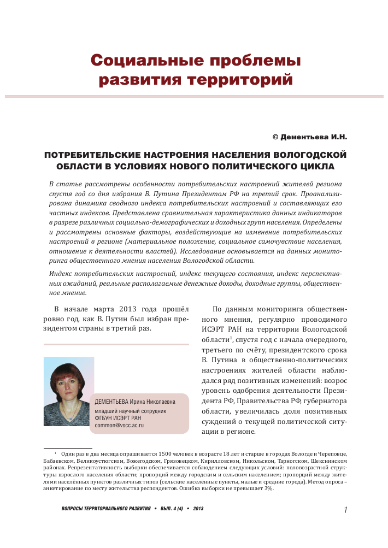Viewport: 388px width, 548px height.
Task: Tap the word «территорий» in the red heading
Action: (x=240, y=80)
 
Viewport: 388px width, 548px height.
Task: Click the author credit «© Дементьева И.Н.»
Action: (x=309, y=136)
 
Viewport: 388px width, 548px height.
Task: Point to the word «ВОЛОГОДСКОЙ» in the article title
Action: (x=310, y=155)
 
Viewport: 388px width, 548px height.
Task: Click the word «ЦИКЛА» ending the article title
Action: (x=313, y=166)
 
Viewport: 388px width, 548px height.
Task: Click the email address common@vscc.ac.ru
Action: (x=119, y=425)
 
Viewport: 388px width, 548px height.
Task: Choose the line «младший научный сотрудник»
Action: (x=130, y=410)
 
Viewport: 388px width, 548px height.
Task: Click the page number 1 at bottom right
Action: (x=346, y=510)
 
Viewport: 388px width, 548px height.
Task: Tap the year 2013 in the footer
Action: (x=198, y=509)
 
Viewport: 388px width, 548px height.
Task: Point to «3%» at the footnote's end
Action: (x=268, y=488)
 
